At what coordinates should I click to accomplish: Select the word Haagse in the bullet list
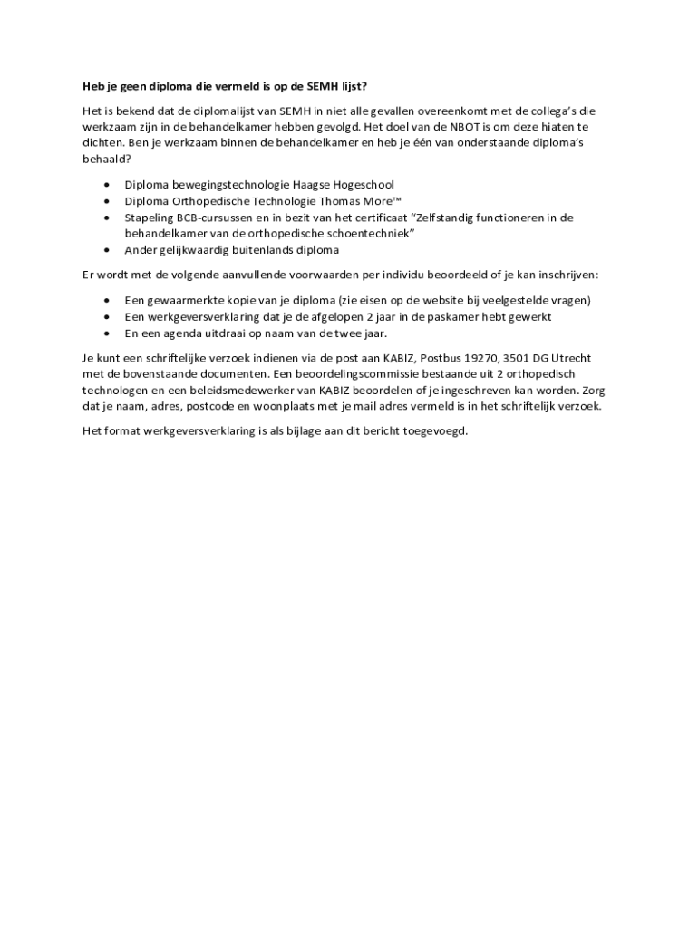295,185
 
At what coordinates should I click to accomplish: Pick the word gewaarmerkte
187,300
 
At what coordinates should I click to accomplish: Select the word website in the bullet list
438,300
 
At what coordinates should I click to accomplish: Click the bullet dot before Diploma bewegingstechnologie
108,185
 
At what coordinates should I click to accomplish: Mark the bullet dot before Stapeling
108,217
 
